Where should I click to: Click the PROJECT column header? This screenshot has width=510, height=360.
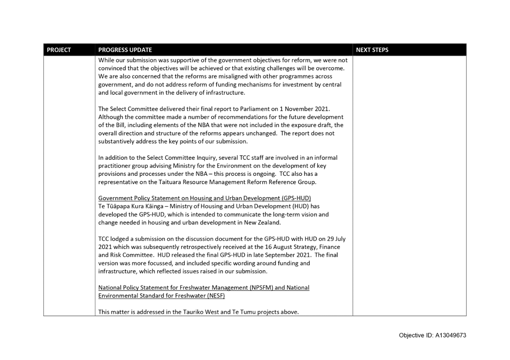(59, 50)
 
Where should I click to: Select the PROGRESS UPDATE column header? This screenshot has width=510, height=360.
(125, 50)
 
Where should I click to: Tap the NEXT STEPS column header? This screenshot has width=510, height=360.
(372, 50)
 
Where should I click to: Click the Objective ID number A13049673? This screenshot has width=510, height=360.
(451, 335)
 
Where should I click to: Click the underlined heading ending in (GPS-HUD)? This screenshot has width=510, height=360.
(205, 198)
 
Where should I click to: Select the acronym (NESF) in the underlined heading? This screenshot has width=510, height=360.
(216, 296)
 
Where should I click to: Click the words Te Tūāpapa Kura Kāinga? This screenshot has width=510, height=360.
(133, 206)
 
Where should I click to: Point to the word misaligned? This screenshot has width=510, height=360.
(212, 76)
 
